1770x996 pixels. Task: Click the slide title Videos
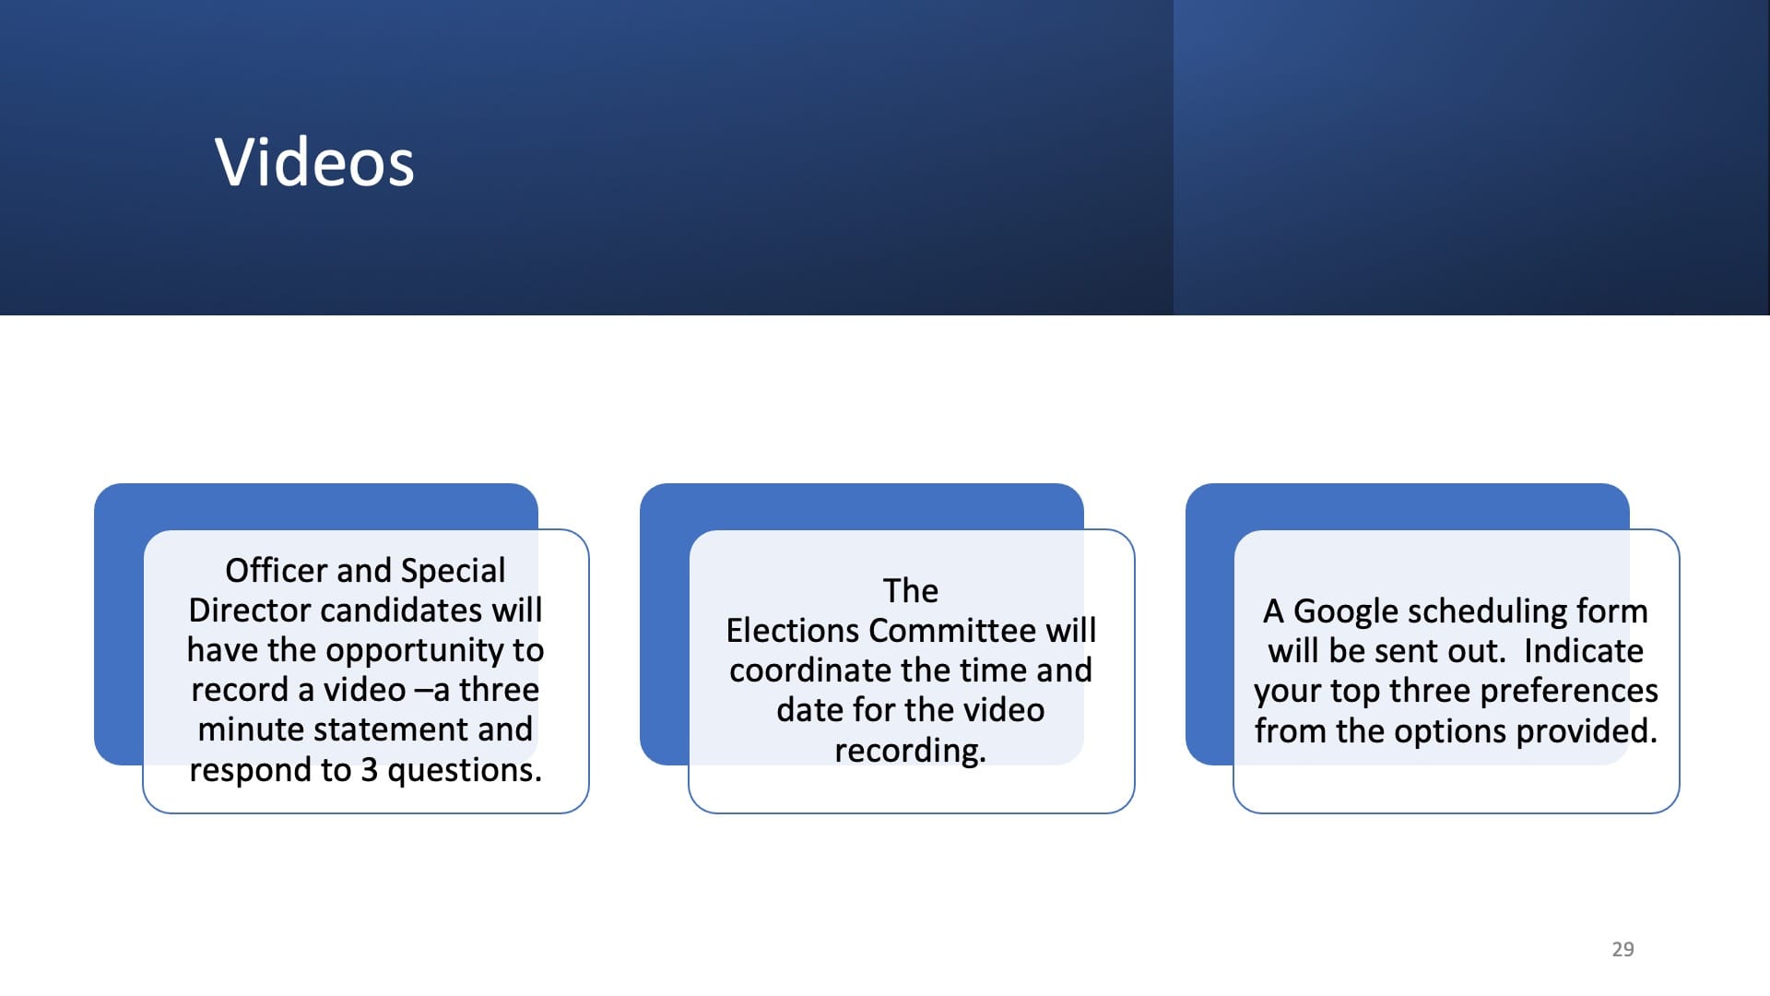[314, 162]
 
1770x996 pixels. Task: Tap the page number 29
[1622, 949]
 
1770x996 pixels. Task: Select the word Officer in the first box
[277, 571]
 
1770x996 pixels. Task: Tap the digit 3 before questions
[369, 770]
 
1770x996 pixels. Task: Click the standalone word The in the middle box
[911, 591]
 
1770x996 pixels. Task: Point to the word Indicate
[1584, 651]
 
